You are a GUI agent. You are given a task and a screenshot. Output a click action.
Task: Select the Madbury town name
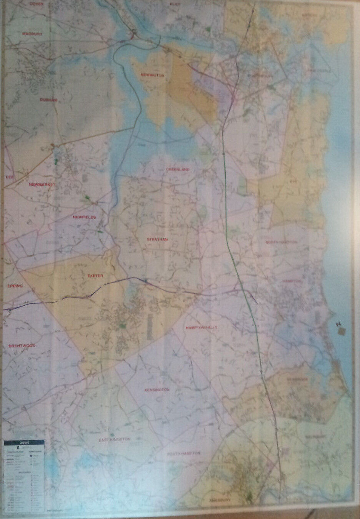tap(32, 34)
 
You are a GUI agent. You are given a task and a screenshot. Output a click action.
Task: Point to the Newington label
tap(152, 75)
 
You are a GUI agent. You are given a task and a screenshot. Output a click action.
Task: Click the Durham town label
tap(48, 100)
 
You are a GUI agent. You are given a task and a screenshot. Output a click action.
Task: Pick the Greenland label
tap(178, 169)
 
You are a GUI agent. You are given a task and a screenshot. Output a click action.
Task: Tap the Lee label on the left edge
tap(10, 177)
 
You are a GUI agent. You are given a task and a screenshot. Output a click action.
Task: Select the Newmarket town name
tap(42, 185)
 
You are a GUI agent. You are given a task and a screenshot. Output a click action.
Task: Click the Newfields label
tap(84, 217)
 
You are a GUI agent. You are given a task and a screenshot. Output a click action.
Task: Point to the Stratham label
tap(157, 240)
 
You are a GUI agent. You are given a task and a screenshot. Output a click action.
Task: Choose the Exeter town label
tap(95, 276)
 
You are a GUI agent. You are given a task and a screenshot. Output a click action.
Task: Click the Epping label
tap(15, 286)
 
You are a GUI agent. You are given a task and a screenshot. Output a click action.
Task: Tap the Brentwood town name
tap(22, 346)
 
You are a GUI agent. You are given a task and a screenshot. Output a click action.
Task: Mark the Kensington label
tap(157, 390)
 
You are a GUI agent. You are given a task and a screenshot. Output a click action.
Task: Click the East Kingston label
tap(115, 439)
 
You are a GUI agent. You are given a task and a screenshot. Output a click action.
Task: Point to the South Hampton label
tap(184, 453)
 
